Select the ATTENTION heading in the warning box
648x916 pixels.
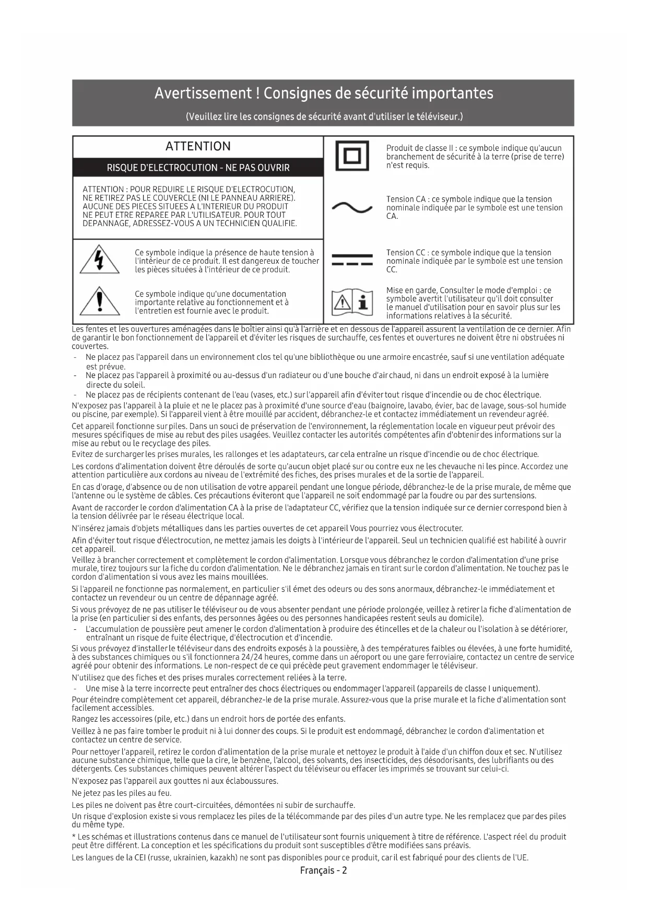coord(198,146)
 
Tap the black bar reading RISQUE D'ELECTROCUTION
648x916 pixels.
coord(198,168)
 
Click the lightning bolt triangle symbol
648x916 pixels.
coord(99,260)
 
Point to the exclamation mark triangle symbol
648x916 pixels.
coord(99,302)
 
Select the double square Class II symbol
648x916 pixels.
coord(352,156)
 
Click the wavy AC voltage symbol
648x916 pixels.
coord(352,208)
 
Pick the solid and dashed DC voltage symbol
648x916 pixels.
coord(352,260)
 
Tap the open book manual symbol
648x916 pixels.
coord(352,302)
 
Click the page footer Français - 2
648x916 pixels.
coord(323,870)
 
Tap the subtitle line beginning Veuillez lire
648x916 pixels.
coord(324,116)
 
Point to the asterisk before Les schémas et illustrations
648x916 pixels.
coord(74,836)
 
